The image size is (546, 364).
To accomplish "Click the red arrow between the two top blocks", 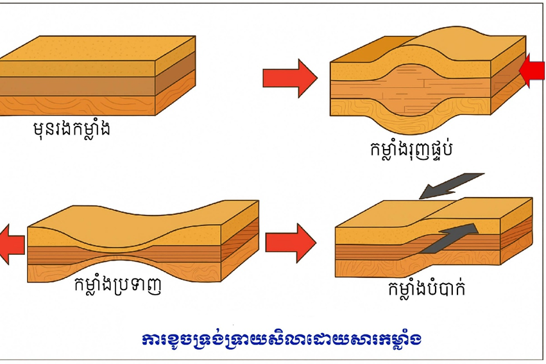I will coord(289,78).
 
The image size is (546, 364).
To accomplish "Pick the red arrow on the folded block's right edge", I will coord(533,71).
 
